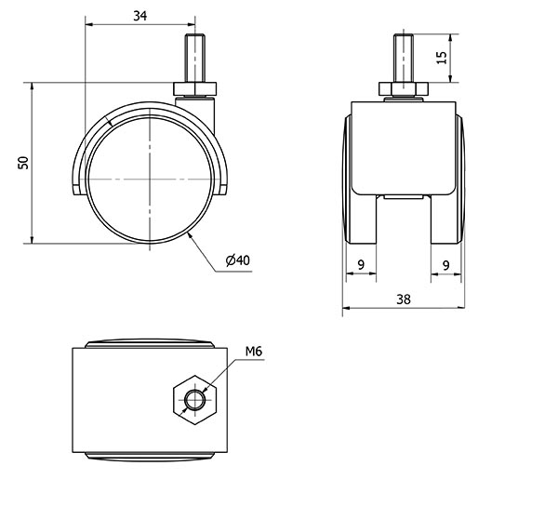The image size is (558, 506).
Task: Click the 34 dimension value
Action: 139,16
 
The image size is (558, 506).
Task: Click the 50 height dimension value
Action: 23,163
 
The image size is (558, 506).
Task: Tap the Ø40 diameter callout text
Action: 238,260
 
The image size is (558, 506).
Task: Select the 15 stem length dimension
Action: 441,58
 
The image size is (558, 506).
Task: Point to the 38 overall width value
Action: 404,300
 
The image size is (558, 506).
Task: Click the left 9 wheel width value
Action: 361,265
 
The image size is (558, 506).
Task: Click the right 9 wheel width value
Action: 445,265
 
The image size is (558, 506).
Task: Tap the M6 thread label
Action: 254,352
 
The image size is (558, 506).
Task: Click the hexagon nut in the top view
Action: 195,400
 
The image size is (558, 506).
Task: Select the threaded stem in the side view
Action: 195,59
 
